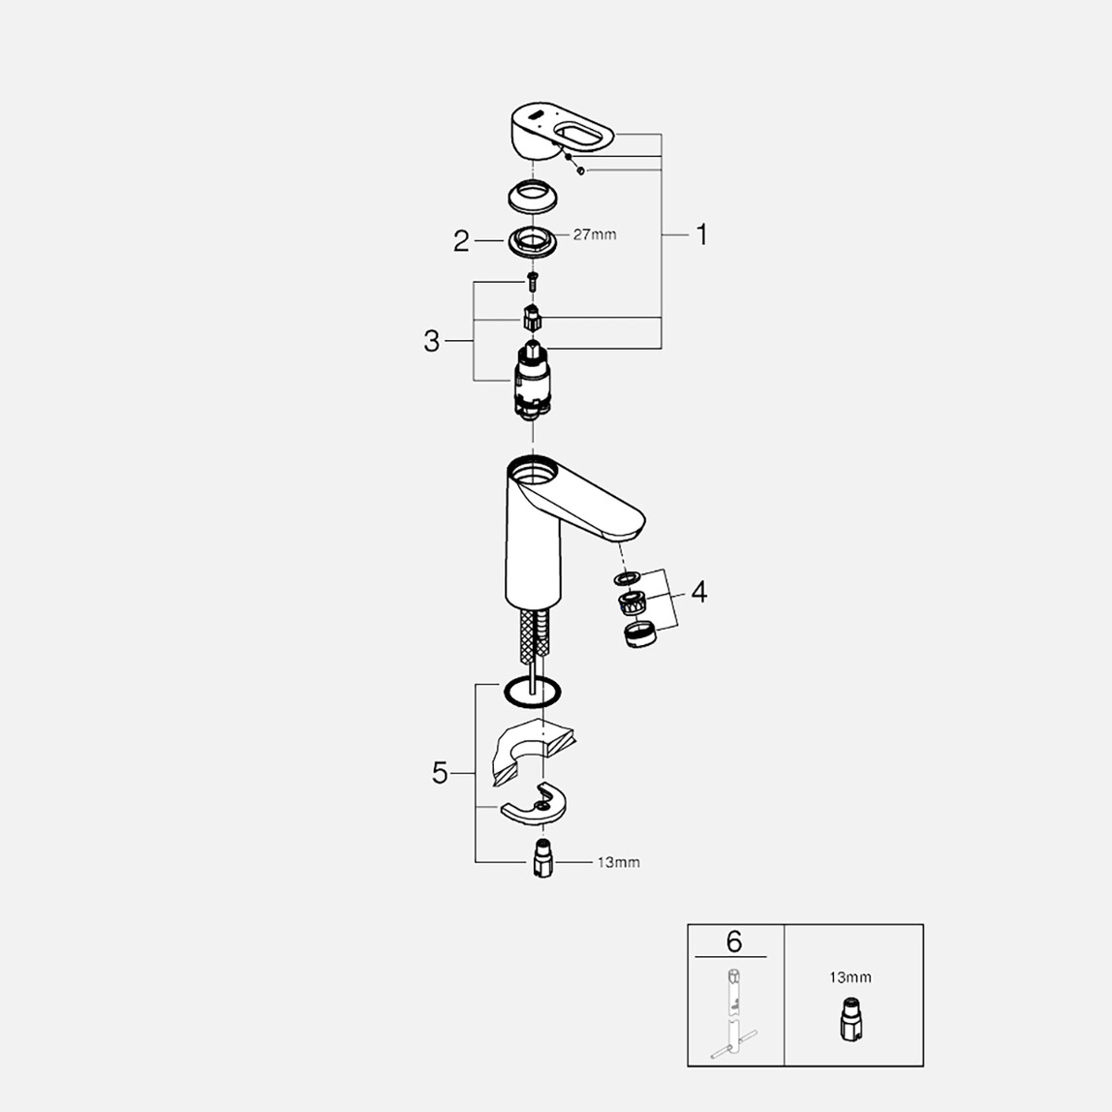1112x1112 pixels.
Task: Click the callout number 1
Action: point(702,234)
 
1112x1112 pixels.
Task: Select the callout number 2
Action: point(461,241)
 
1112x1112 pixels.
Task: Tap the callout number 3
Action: point(431,341)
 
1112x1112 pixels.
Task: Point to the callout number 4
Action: point(697,591)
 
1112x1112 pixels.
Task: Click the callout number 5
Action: point(440,773)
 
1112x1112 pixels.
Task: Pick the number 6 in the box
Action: point(733,941)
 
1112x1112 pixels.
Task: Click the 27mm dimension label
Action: point(594,234)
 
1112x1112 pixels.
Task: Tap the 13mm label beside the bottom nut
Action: point(618,862)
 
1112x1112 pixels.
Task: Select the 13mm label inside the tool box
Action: point(849,977)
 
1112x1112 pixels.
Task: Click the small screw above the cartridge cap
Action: point(531,282)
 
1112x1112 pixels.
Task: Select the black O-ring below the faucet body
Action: point(532,692)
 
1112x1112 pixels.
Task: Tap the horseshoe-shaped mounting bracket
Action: point(536,803)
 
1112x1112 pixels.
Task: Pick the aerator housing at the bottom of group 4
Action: point(638,636)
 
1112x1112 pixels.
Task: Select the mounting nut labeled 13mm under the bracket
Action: point(543,859)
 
